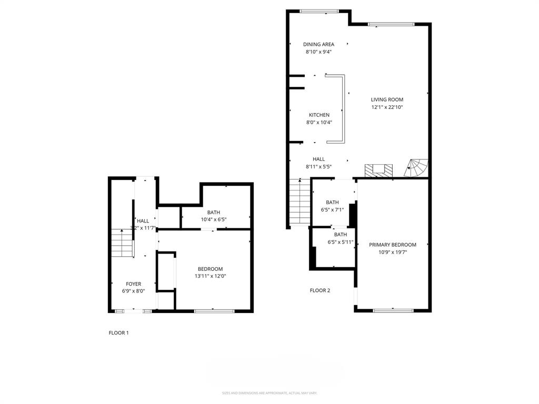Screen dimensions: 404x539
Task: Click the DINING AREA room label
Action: (x=318, y=44)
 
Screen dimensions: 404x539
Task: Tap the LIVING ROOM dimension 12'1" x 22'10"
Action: (x=387, y=107)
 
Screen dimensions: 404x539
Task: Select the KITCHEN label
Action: (x=319, y=115)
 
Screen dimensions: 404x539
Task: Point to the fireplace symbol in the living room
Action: (x=379, y=170)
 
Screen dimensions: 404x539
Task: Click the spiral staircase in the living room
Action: (x=417, y=168)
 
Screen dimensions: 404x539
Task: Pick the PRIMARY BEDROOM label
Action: (x=392, y=245)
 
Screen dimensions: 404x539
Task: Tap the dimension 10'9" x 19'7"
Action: (x=392, y=252)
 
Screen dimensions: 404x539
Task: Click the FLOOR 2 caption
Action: (x=320, y=290)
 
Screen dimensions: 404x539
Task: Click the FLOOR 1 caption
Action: (x=118, y=332)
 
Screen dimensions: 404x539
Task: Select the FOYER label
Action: (x=133, y=284)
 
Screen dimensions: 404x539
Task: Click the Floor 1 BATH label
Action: (x=213, y=213)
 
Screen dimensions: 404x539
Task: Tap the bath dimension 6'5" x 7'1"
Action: (x=332, y=210)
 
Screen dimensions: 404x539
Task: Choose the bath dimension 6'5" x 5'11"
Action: (x=340, y=243)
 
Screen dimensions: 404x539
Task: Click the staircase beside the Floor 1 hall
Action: (x=122, y=243)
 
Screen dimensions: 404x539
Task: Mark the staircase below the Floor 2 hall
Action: (x=300, y=203)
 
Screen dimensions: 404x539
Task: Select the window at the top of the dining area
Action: (x=319, y=11)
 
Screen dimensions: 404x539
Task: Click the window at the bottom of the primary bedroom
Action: (x=392, y=310)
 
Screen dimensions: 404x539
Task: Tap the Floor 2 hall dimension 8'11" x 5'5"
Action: (x=318, y=167)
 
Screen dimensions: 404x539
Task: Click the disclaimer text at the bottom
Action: (x=269, y=393)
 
